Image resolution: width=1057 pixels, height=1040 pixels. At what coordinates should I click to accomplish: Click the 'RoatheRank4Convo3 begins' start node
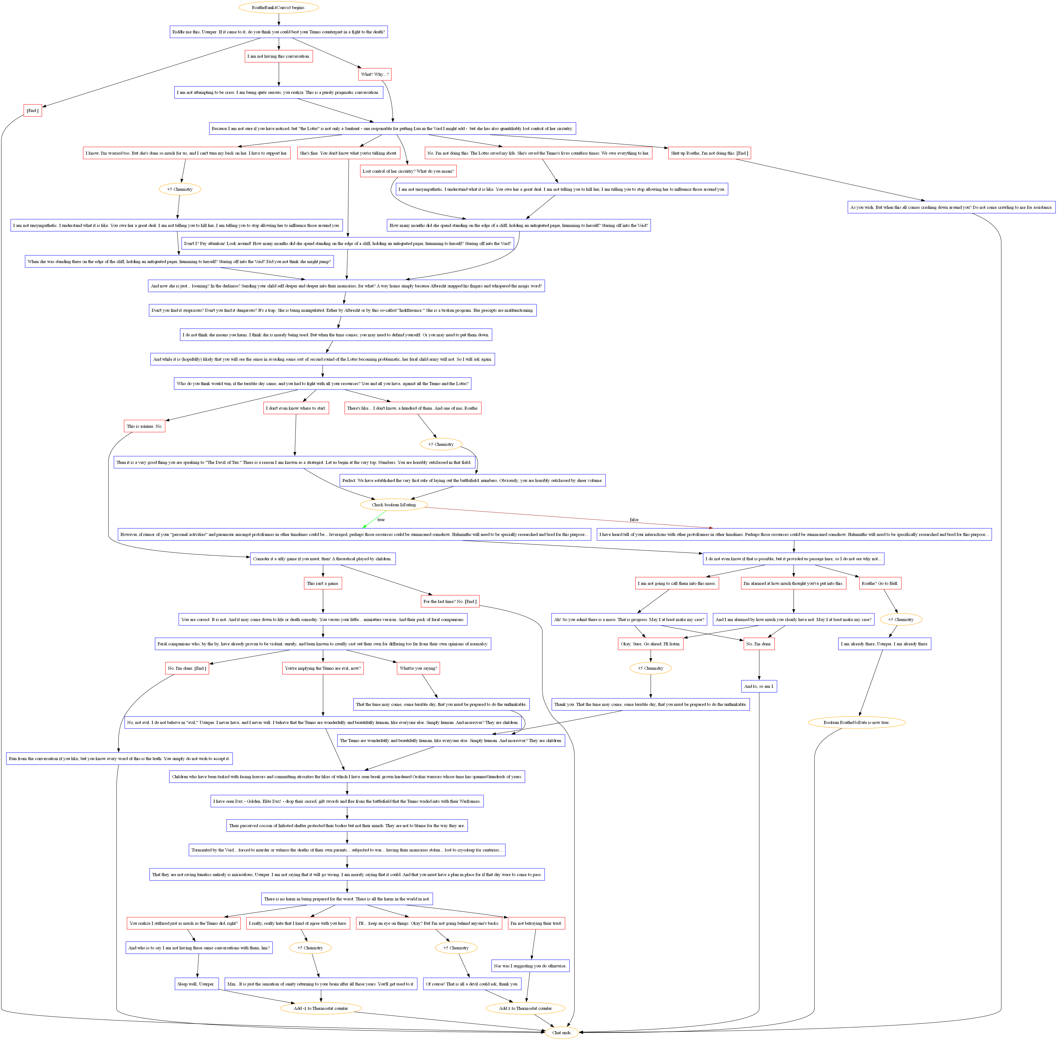point(279,8)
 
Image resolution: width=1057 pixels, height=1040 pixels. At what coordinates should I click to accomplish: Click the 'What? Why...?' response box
point(375,74)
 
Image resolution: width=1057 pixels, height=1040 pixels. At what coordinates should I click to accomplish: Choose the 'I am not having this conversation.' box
point(279,56)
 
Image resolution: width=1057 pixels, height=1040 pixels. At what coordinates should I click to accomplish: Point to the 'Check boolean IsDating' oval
point(393,505)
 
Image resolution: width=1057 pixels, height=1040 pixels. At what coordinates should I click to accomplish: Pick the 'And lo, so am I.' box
point(759,686)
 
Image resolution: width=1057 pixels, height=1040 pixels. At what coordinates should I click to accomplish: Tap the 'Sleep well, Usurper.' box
point(197,984)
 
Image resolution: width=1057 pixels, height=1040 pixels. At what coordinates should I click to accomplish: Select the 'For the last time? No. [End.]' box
point(450,601)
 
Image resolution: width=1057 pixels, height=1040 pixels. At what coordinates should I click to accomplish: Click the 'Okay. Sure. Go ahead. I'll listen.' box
point(650,644)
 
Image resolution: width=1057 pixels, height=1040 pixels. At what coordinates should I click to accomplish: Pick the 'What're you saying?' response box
point(418,668)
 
